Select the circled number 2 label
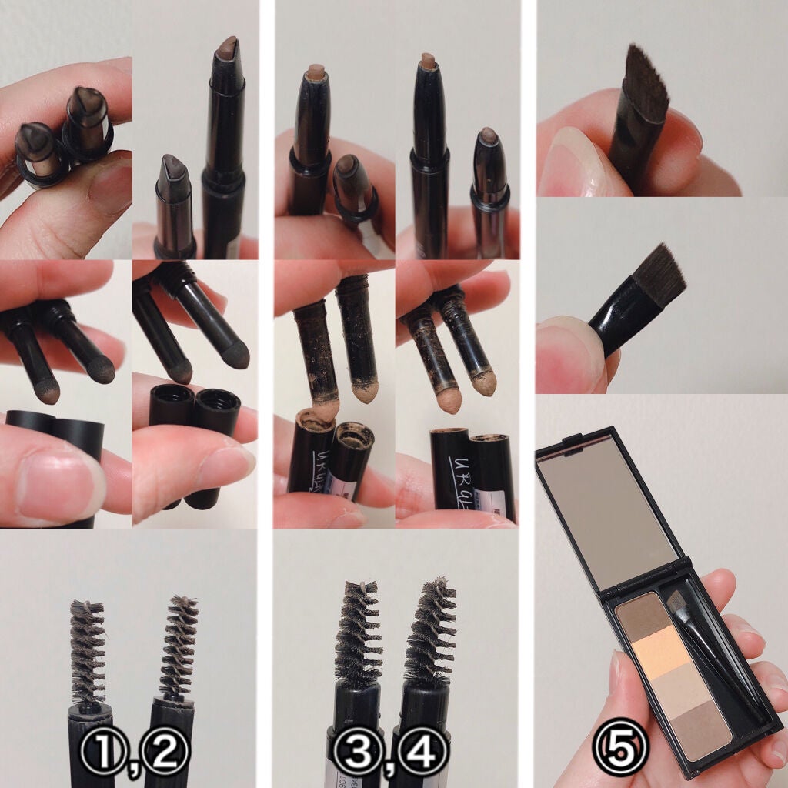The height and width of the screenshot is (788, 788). coord(165,746)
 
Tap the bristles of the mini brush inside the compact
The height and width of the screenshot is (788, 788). coord(679,606)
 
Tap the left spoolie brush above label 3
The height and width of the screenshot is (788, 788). coord(357,631)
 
